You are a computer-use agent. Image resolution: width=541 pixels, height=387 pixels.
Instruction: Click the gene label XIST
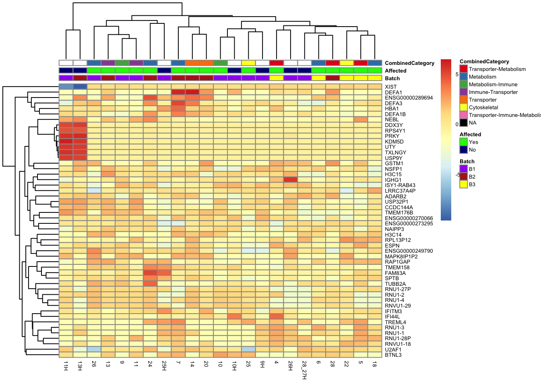pos(390,87)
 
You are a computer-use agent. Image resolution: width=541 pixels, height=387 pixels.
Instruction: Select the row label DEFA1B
pos(395,114)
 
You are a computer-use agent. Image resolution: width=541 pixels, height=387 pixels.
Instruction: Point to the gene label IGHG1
pos(393,180)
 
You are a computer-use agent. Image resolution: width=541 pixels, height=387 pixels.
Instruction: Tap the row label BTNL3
pos(393,355)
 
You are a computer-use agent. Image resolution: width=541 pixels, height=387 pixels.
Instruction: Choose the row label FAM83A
pos(395,273)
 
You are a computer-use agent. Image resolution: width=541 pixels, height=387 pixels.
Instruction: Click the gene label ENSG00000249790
pos(409,251)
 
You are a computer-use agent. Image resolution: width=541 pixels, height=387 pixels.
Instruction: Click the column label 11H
pos(66,366)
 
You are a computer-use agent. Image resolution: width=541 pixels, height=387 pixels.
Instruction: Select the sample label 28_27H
pos(304,370)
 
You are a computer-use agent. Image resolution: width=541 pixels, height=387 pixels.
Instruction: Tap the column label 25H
pos(164,366)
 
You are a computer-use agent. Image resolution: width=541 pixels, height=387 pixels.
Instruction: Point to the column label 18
pos(375,364)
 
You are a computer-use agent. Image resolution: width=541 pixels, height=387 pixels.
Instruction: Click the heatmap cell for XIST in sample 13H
pos(80,87)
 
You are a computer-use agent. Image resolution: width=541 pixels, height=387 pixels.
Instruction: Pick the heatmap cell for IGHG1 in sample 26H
pos(290,180)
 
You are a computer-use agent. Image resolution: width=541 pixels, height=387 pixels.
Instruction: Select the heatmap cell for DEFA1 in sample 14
pos(192,92)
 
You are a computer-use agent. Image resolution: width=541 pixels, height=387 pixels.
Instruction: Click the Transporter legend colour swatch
pos(464,100)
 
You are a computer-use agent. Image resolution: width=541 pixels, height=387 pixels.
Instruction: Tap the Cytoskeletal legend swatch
pos(464,107)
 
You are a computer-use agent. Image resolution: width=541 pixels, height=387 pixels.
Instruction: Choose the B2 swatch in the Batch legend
pos(464,177)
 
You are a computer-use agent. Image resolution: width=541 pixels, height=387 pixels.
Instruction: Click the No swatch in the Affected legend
pos(464,150)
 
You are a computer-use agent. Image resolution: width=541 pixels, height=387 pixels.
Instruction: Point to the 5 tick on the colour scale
pos(457,75)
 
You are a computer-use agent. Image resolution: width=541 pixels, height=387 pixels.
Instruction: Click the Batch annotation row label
pos(392,78)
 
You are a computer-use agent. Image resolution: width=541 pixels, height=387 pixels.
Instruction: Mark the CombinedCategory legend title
pos(484,61)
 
